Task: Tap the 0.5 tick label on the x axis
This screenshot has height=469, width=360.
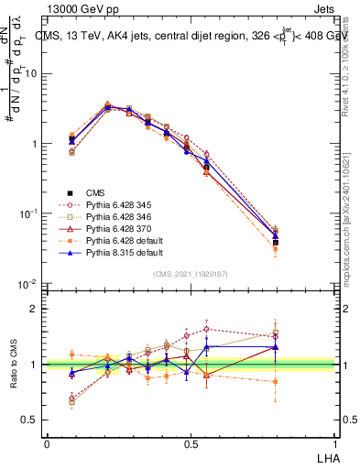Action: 190,442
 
